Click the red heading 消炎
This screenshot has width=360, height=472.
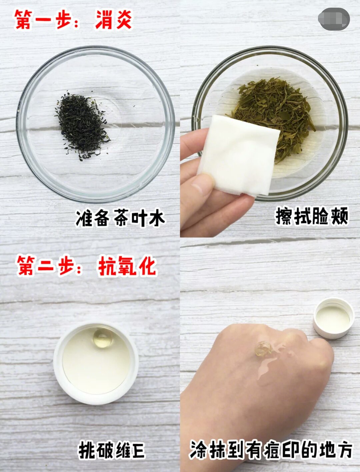click(x=114, y=20)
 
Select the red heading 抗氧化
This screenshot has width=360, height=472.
click(x=127, y=267)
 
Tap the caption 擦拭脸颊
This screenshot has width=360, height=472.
click(x=312, y=216)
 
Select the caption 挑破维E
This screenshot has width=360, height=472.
click(x=111, y=450)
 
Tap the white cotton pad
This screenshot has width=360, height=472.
click(x=238, y=155)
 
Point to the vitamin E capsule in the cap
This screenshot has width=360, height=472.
click(x=103, y=337)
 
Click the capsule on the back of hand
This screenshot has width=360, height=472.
click(x=263, y=348)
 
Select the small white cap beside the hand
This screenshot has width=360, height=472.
click(x=333, y=318)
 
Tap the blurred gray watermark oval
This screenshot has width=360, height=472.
click(x=334, y=19)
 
